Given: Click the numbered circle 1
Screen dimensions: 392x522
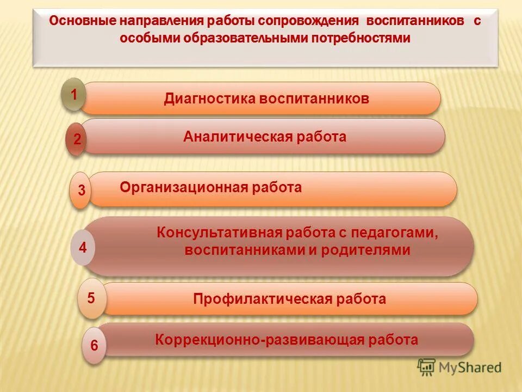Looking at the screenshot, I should click(73, 95).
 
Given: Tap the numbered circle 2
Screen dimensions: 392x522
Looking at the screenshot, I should click(77, 139).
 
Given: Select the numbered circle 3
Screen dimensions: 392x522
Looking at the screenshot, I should click(81, 191).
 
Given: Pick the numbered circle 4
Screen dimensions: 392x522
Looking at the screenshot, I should click(83, 248).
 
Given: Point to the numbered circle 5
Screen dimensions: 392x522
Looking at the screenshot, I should click(91, 298).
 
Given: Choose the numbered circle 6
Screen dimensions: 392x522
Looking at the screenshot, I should click(94, 345).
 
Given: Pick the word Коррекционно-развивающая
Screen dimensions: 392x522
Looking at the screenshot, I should click(260, 340).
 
